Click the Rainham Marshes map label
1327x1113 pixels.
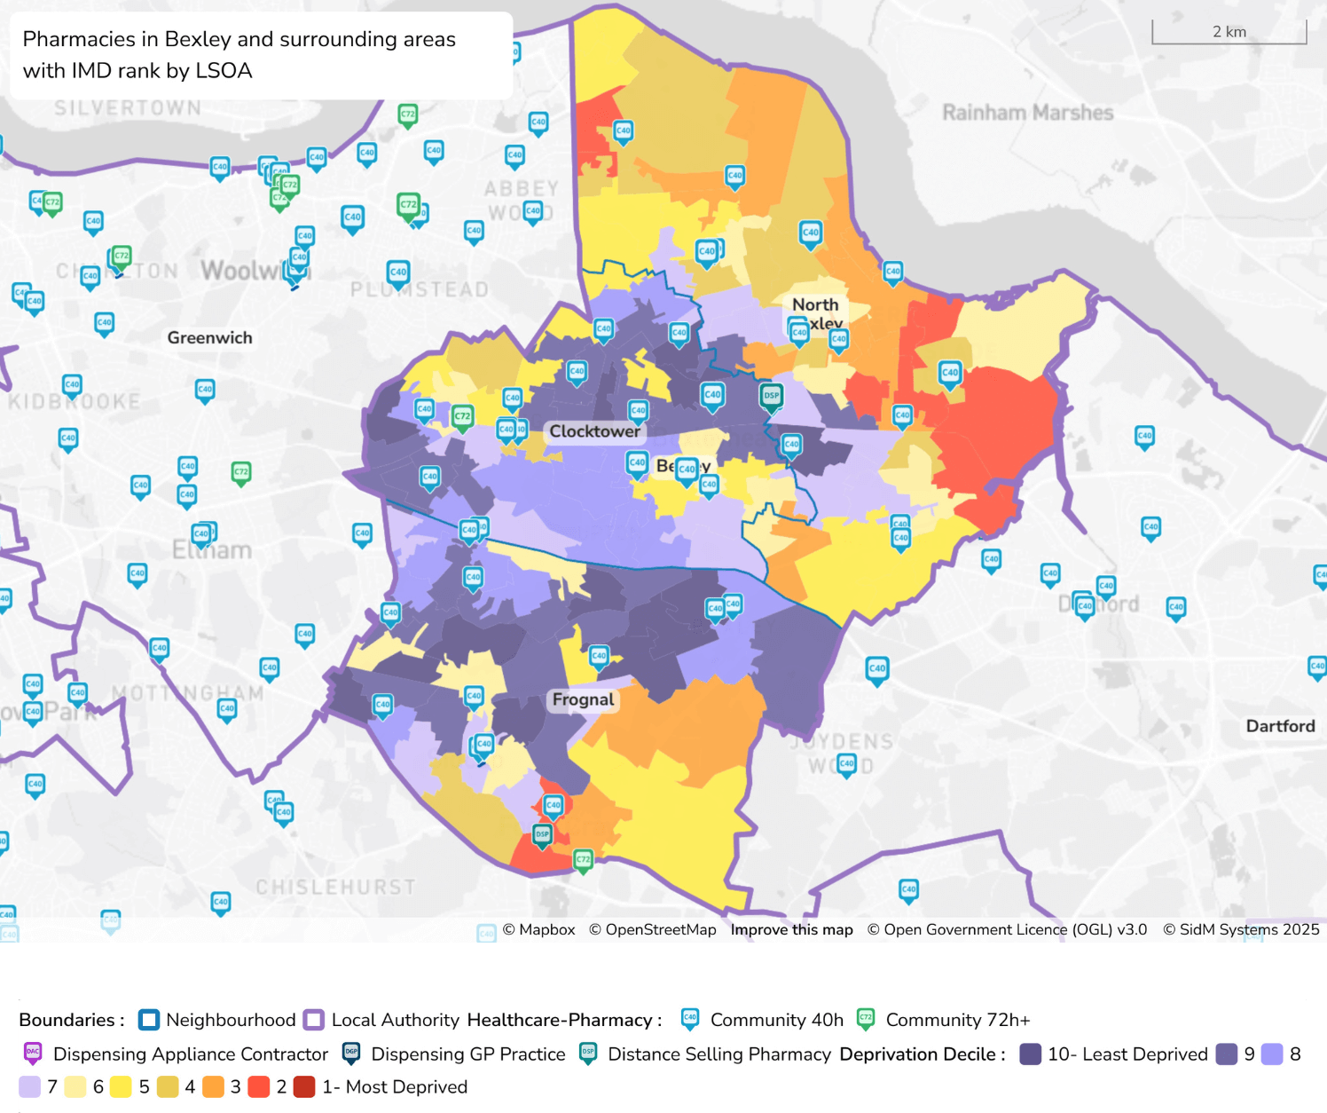1027,113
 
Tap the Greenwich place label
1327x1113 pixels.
209,337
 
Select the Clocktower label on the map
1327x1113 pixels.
594,431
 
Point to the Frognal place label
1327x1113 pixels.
583,699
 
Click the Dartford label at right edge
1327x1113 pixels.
1280,726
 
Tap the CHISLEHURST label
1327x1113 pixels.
335,887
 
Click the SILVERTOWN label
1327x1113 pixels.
128,108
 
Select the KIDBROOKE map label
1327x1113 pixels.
75,402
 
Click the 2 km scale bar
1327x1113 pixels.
1229,32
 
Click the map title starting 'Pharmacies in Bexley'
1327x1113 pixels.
239,55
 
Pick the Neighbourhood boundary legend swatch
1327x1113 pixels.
149,1020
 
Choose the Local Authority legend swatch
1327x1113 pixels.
314,1020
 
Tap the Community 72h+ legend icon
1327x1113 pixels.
866,1019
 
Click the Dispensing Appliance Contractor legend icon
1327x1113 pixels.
33,1054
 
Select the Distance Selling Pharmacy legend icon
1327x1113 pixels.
587,1054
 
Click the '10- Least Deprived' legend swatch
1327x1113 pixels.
1030,1054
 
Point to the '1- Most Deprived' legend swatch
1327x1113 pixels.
304,1086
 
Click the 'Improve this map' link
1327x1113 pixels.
791,929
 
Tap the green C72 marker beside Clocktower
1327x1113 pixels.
462,417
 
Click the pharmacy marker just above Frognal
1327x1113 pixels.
599,658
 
